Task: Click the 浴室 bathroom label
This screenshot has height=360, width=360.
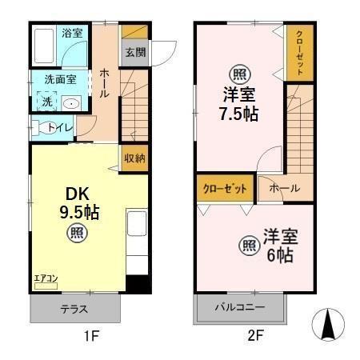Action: point(72,33)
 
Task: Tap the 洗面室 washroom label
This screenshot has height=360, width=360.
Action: point(60,79)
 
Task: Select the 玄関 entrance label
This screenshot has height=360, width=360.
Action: point(134,54)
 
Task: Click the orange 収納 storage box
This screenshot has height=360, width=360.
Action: point(134,158)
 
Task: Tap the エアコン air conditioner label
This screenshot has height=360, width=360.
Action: point(45,278)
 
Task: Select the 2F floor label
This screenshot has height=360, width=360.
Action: point(254,337)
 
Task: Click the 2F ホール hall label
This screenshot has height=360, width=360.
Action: point(284,188)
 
